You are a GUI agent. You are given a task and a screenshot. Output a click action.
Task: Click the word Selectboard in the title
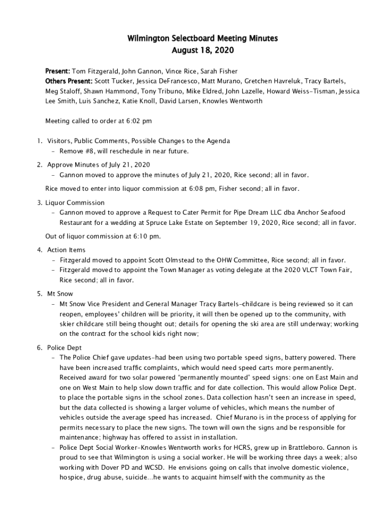coord(176,38)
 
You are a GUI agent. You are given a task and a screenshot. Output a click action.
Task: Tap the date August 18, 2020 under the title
coord(203,51)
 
